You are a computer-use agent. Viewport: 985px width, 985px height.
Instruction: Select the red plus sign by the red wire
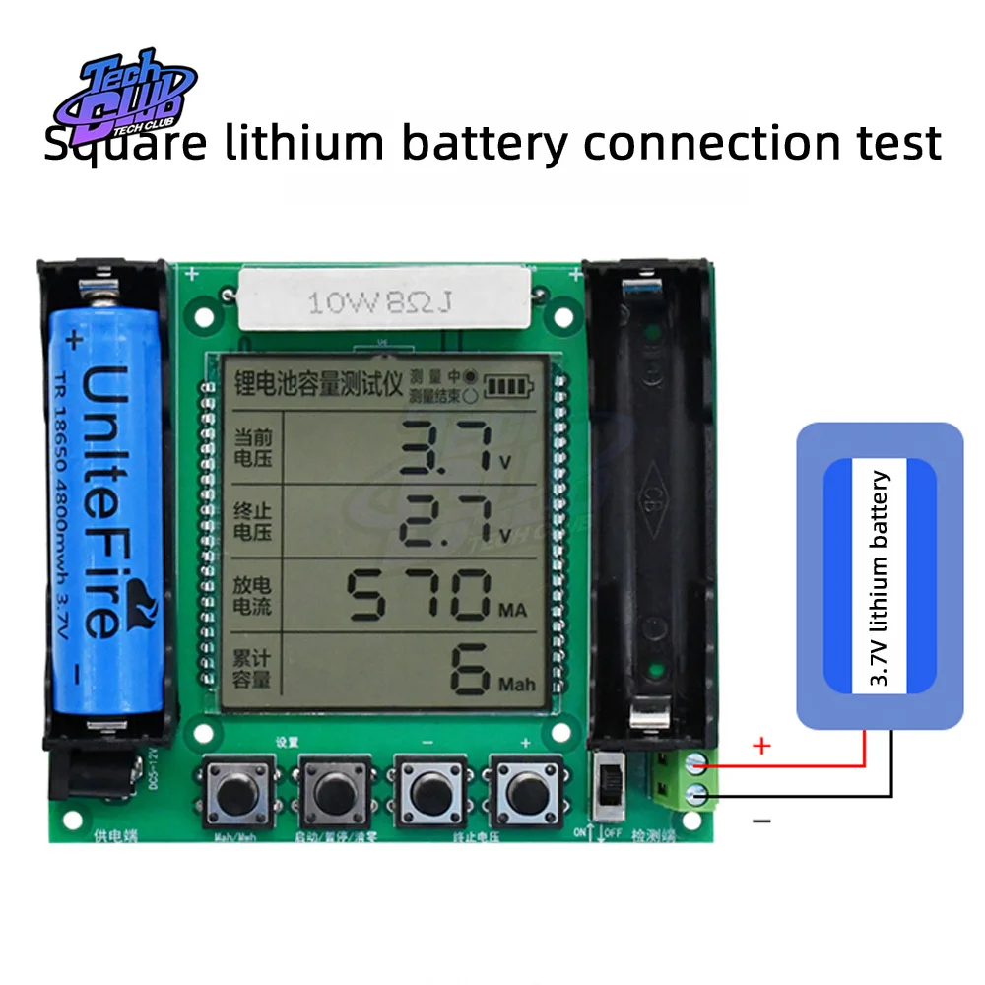(x=760, y=746)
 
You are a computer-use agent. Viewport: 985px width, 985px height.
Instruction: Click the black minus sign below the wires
(x=761, y=820)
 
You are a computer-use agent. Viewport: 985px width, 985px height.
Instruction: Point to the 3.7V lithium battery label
(x=880, y=578)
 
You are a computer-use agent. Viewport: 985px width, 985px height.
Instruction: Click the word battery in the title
(x=484, y=143)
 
